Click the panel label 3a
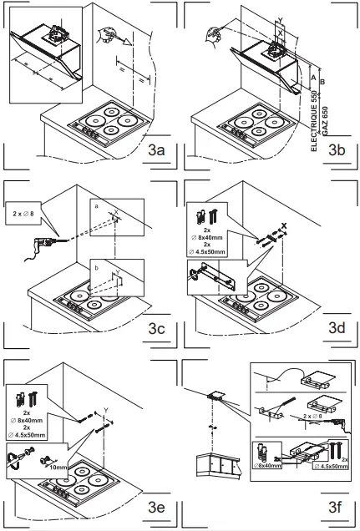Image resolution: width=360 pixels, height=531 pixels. (159, 151)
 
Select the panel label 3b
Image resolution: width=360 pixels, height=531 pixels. (337, 151)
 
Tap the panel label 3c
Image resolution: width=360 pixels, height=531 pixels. (159, 328)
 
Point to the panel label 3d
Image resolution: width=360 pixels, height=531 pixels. (337, 328)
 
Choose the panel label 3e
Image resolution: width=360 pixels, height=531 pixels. (159, 507)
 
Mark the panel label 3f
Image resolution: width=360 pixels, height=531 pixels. (337, 507)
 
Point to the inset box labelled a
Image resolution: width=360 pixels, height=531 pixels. (117, 219)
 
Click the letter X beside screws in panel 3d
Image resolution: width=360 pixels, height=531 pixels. (285, 225)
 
